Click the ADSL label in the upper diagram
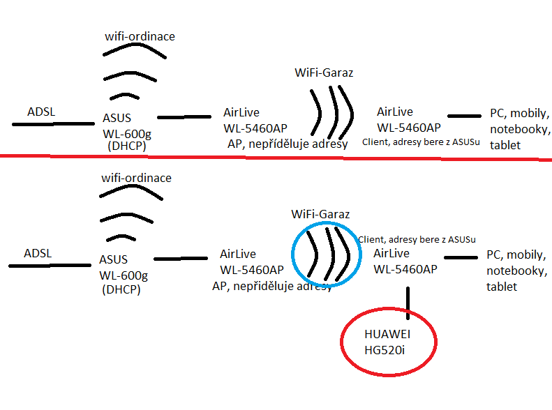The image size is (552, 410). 40,112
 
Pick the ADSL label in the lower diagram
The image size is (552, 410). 38,252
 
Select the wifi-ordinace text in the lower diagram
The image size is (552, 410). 136,178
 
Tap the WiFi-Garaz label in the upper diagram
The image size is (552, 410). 323,72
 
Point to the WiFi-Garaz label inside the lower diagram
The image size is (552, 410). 320,214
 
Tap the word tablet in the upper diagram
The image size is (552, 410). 505,145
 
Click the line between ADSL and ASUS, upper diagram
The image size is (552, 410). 52,125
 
